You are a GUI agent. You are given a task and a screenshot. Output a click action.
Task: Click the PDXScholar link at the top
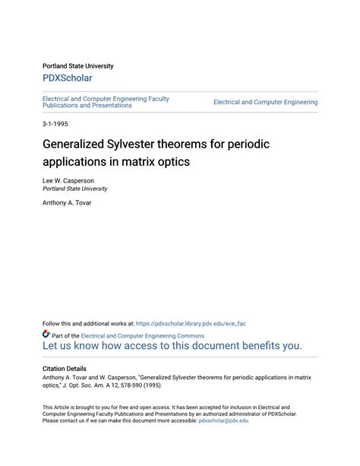click(67, 78)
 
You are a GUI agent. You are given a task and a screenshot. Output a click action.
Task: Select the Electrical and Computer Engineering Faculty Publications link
click(106, 102)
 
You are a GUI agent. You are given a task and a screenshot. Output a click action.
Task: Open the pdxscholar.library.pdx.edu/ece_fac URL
click(191, 323)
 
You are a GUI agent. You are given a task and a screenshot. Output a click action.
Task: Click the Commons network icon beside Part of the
click(46, 334)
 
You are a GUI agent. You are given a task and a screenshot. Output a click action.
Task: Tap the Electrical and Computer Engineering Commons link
click(142, 335)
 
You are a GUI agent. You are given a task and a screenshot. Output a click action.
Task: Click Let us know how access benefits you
click(172, 345)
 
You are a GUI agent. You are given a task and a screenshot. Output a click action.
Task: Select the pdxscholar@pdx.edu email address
click(223, 420)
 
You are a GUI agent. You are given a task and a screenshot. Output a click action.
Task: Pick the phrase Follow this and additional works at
click(88, 323)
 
